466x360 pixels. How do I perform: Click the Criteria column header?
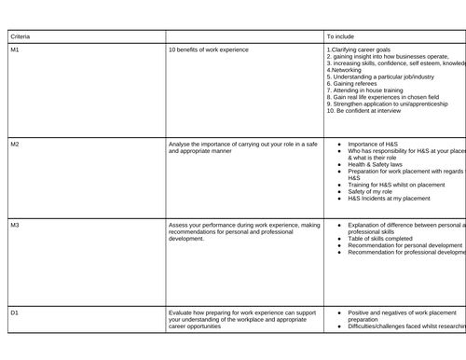point(20,35)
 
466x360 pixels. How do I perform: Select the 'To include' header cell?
point(342,35)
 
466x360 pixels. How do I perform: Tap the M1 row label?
point(14,48)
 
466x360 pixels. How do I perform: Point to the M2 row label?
point(14,145)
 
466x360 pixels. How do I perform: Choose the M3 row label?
point(14,225)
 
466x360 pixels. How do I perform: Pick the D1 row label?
point(14,312)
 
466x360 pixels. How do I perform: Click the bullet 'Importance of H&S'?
point(373,145)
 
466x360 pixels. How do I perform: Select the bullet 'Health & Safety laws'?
point(379,164)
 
